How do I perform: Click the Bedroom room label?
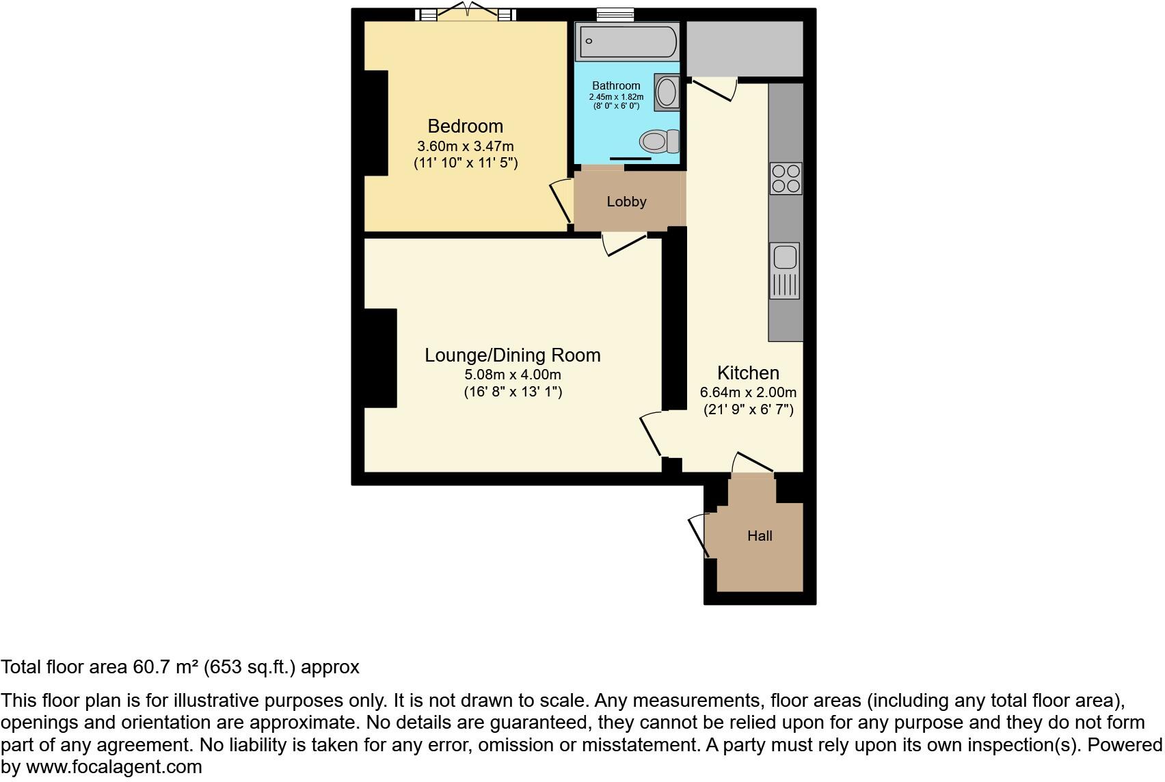tap(465, 126)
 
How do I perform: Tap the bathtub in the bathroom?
tap(628, 41)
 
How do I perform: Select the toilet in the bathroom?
tap(658, 141)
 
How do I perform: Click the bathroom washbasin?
tap(667, 92)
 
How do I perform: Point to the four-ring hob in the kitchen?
tap(786, 178)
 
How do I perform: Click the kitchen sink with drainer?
tap(785, 270)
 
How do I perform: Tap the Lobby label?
tap(626, 202)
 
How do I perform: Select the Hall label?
tap(760, 536)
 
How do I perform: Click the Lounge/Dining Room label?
tap(513, 355)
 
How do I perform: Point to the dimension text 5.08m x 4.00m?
tap(513, 375)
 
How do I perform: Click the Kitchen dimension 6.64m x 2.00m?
tap(748, 393)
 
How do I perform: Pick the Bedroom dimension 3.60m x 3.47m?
tap(465, 146)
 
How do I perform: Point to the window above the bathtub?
tap(615, 14)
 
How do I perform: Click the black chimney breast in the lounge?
tap(380, 358)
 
